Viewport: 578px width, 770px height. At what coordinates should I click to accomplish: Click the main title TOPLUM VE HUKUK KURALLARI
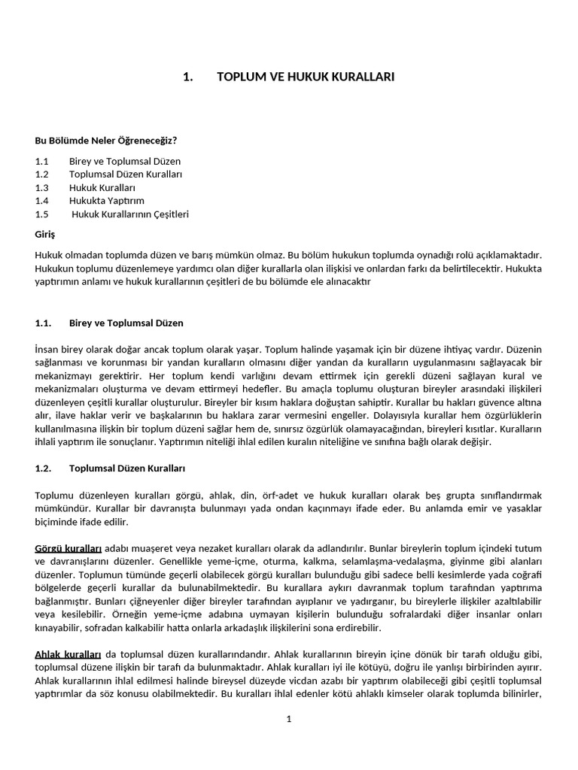click(x=306, y=77)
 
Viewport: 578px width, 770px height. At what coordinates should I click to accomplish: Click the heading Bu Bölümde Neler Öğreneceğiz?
click(x=106, y=140)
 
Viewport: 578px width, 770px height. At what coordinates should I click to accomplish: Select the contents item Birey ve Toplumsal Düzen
click(x=125, y=161)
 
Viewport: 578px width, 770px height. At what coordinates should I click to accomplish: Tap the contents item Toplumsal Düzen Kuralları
click(x=126, y=174)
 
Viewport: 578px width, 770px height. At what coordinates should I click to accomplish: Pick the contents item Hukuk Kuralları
click(x=102, y=187)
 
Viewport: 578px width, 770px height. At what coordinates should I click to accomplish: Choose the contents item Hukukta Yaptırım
click(x=107, y=201)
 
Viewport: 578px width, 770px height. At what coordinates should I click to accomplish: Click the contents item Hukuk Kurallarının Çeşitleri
click(x=130, y=214)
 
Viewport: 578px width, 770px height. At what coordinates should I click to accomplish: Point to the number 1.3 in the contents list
click(x=41, y=187)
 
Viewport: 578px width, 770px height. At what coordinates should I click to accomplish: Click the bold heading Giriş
click(x=45, y=235)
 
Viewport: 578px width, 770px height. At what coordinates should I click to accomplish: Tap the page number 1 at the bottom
click(x=288, y=719)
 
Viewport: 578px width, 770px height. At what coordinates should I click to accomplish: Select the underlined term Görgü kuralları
click(x=68, y=548)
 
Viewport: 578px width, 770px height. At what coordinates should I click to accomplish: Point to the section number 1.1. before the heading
click(x=43, y=323)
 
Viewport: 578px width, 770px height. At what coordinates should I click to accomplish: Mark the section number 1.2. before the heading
click(x=43, y=468)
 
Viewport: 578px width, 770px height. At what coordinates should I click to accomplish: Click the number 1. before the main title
click(x=189, y=77)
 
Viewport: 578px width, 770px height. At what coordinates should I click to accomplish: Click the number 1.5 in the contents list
click(x=41, y=214)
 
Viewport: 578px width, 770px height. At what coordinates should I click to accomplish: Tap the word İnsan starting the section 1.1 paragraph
click(x=47, y=350)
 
